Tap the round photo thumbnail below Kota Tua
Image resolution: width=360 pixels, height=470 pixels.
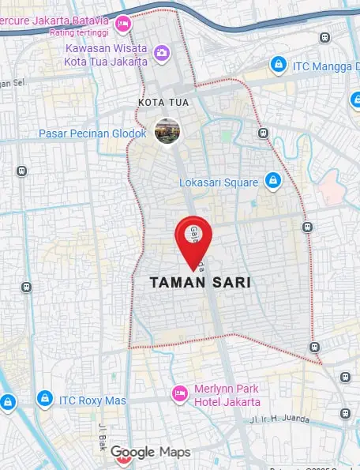(x=167, y=130)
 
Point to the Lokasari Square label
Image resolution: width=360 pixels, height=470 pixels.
(x=219, y=182)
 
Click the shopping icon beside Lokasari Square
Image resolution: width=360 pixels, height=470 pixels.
(x=273, y=181)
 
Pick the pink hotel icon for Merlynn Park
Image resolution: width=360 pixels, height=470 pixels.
(x=179, y=393)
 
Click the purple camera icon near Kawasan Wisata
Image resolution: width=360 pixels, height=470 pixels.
(x=162, y=53)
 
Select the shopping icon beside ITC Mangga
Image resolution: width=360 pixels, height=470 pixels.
(x=278, y=63)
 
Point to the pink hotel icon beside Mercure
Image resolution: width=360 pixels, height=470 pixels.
(x=122, y=24)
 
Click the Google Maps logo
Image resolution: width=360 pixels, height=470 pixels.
(x=151, y=452)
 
